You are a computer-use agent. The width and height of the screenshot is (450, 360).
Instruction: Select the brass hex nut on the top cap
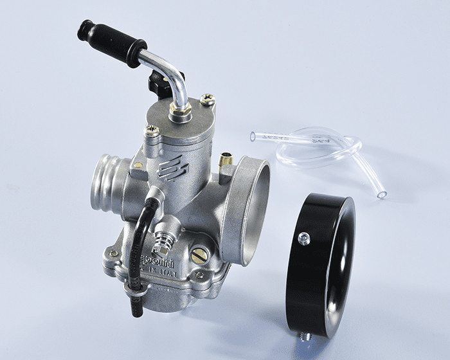pyautogui.click(x=181, y=113)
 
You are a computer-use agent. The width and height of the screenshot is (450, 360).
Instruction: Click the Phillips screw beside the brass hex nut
pyautogui.click(x=207, y=100)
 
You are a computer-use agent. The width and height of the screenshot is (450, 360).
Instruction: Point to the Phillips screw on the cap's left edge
pyautogui.click(x=152, y=131)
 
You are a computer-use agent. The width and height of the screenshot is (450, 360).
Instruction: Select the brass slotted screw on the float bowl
pyautogui.click(x=199, y=255)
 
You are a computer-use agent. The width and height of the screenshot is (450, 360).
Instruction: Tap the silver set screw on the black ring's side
pyautogui.click(x=303, y=239)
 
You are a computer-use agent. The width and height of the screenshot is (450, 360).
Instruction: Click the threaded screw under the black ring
pyautogui.click(x=306, y=335)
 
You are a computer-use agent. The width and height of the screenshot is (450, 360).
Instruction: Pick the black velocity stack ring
pyautogui.click(x=319, y=264)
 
